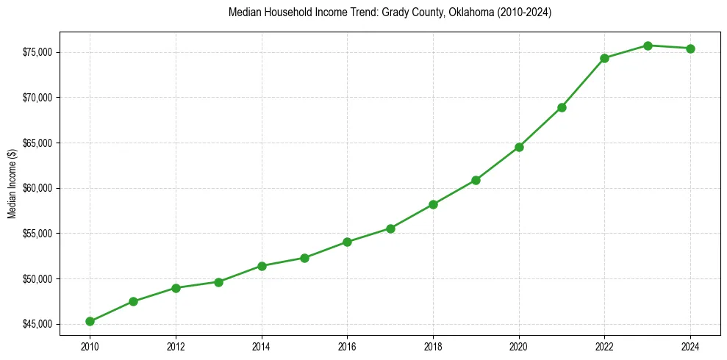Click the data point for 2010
pyautogui.click(x=90, y=321)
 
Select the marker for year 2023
pyautogui.click(x=648, y=46)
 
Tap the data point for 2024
pyautogui.click(x=690, y=48)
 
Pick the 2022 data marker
pyautogui.click(x=604, y=58)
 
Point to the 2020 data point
pyautogui.click(x=519, y=147)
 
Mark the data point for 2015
pyautogui.click(x=304, y=258)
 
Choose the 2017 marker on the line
pyautogui.click(x=390, y=228)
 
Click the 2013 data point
pyautogui.click(x=218, y=281)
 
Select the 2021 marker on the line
pyautogui.click(x=562, y=107)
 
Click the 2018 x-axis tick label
pyautogui.click(x=433, y=346)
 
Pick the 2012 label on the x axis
pyautogui.click(x=176, y=346)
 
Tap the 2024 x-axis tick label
pyautogui.click(x=690, y=346)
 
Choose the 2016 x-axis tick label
pyautogui.click(x=347, y=346)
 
